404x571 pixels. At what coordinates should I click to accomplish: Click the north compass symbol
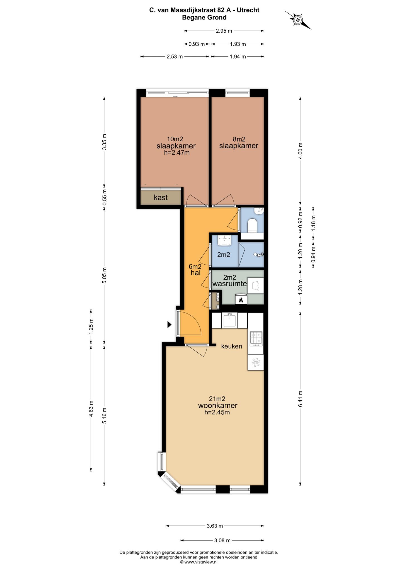coord(298,20)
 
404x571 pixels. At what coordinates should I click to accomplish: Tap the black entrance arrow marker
coord(169,324)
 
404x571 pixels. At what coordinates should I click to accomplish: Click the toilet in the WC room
coord(252,225)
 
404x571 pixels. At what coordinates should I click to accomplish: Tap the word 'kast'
coord(161,197)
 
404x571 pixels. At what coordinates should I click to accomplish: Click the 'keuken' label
coord(231,346)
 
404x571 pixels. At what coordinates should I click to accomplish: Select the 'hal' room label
coord(195,273)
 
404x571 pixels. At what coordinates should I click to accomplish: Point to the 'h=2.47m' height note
coord(177,153)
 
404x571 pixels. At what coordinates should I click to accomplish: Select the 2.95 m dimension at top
coord(224,31)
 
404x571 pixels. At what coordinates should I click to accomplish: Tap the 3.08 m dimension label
coord(222,540)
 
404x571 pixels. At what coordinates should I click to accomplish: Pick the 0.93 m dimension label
coord(197,44)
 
